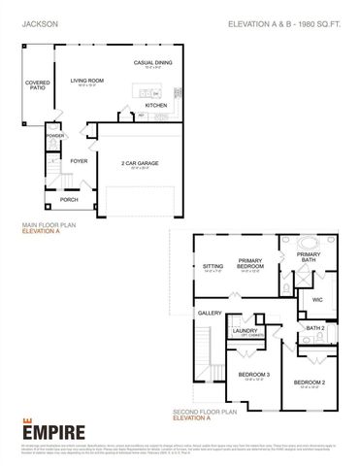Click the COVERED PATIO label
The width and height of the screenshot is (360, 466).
(37, 85)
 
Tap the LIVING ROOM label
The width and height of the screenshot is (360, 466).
(87, 81)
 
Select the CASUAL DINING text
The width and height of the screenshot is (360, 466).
(153, 63)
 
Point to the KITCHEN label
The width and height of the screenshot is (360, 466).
(155, 105)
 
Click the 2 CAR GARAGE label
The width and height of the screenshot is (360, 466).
(142, 163)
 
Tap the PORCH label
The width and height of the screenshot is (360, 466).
(69, 199)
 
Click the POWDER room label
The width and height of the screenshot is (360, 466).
(54, 136)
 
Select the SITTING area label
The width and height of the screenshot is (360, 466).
(213, 265)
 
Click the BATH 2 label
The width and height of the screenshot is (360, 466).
(312, 328)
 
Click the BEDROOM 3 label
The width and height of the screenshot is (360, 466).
(255, 375)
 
